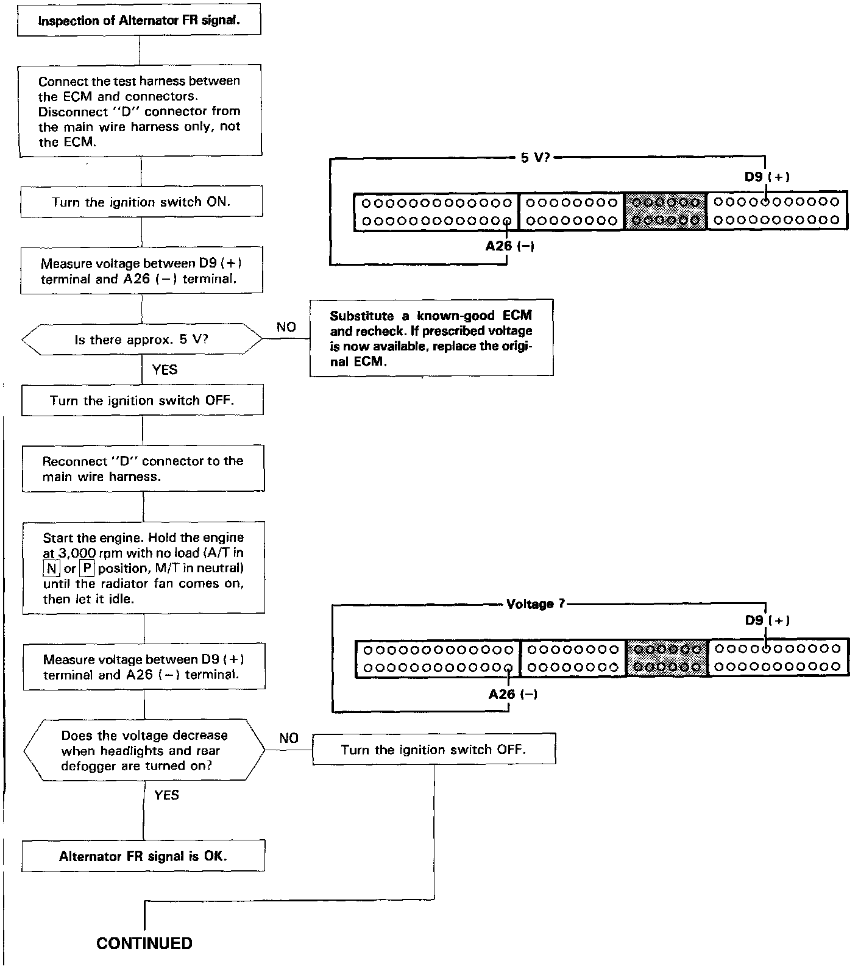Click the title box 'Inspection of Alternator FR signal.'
pyautogui.click(x=140, y=21)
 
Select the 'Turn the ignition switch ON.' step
pyautogui.click(x=141, y=202)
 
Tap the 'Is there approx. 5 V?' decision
pyautogui.click(x=142, y=339)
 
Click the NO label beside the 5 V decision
pyautogui.click(x=286, y=327)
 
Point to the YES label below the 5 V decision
pyautogui.click(x=165, y=369)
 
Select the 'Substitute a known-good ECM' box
pyautogui.click(x=431, y=338)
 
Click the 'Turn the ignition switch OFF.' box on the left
pyautogui.click(x=143, y=400)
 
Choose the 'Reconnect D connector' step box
pyautogui.click(x=143, y=469)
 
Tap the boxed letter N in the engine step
pyautogui.click(x=51, y=569)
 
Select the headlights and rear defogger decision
pyautogui.click(x=144, y=750)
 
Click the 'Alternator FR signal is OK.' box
pyautogui.click(x=143, y=856)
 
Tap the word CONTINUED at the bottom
pyautogui.click(x=144, y=943)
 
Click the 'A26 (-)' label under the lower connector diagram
pyautogui.click(x=512, y=694)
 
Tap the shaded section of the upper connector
pyautogui.click(x=665, y=211)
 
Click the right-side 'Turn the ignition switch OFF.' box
pyautogui.click(x=434, y=750)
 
